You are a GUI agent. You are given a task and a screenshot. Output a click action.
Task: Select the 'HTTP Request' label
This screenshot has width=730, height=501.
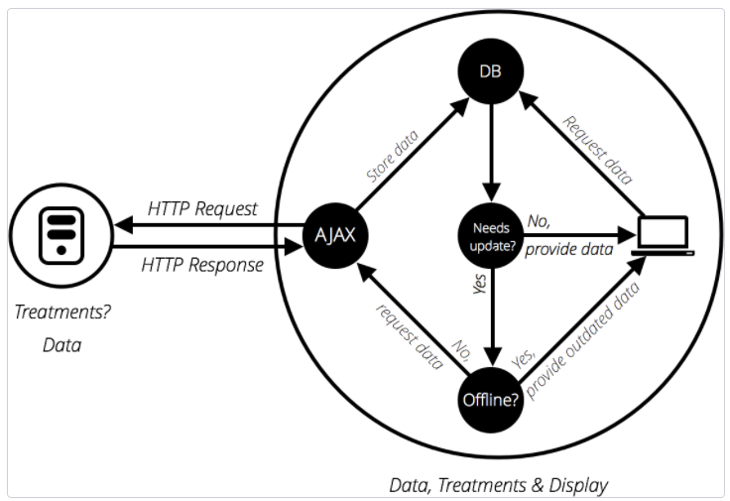tap(202, 208)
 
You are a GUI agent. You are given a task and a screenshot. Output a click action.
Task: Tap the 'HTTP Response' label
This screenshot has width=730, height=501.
tap(202, 265)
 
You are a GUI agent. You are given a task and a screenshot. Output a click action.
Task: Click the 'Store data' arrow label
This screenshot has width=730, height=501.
tap(393, 155)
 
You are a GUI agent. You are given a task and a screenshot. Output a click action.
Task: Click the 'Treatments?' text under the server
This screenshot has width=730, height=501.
tap(62, 312)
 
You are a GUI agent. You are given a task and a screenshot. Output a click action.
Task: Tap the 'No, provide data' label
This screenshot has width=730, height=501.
tap(565, 239)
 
